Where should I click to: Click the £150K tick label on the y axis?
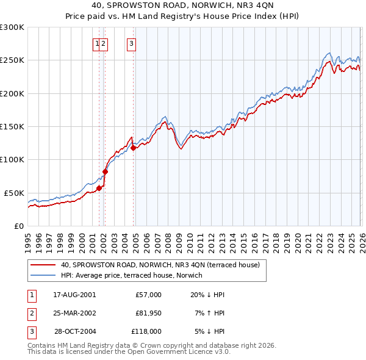click(12, 126)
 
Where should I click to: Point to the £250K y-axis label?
click(12, 60)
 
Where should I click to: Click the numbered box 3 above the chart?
click(131, 43)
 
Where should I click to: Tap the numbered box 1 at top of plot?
click(96, 43)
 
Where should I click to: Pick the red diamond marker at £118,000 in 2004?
click(133, 147)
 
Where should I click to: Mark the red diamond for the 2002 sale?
click(105, 171)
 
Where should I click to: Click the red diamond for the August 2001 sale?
click(99, 188)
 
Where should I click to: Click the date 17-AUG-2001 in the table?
click(74, 295)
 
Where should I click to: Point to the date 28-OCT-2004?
click(74, 331)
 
